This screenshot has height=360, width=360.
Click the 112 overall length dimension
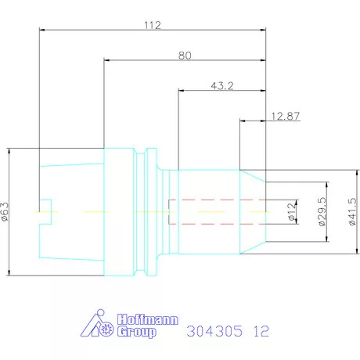153,25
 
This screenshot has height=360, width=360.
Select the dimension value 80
185,56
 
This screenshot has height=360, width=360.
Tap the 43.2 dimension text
222,85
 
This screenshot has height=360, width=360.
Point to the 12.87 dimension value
286,116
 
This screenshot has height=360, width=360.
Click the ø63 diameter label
5,212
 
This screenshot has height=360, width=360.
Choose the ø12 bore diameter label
292,212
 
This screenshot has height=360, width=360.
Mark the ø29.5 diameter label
322,211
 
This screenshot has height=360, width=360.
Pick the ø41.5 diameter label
352,211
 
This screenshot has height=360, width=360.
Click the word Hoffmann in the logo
148,319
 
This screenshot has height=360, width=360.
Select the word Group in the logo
137,332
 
